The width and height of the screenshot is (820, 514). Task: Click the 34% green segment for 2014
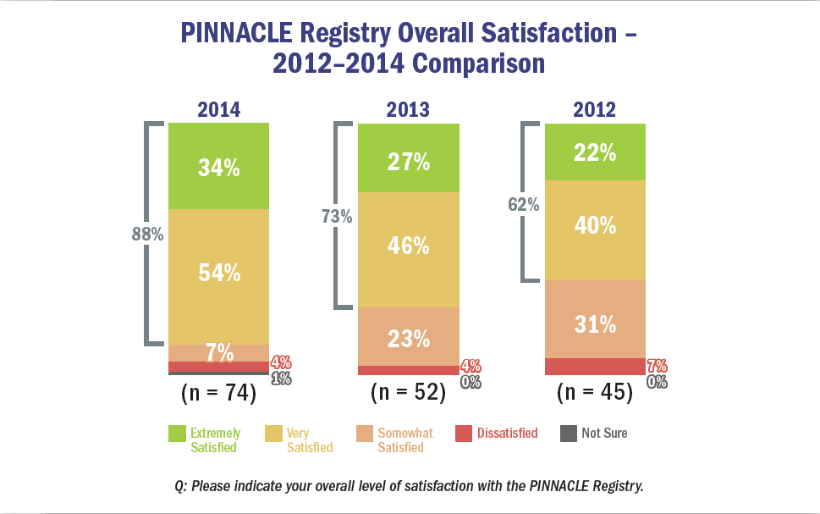coord(219,167)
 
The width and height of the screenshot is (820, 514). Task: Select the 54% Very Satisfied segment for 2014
coord(219,274)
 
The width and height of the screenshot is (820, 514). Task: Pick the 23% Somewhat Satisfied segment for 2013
coord(408,337)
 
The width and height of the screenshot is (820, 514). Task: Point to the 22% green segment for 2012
coord(595,152)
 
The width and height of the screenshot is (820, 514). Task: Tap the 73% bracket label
coord(336,217)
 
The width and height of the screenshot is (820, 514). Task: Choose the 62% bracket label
coord(524,204)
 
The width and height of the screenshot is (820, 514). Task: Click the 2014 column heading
coord(219,110)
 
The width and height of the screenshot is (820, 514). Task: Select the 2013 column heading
coord(408,110)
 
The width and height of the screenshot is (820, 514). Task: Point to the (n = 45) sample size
coord(595,393)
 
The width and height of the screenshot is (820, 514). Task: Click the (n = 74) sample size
coord(219,393)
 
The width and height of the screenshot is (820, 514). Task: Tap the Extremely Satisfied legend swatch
coord(177,434)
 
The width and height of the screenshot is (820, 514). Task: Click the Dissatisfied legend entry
coord(507,433)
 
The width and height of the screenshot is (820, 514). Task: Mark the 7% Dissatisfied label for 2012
coord(657,366)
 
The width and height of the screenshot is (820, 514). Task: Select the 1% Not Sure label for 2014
coord(281,379)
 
